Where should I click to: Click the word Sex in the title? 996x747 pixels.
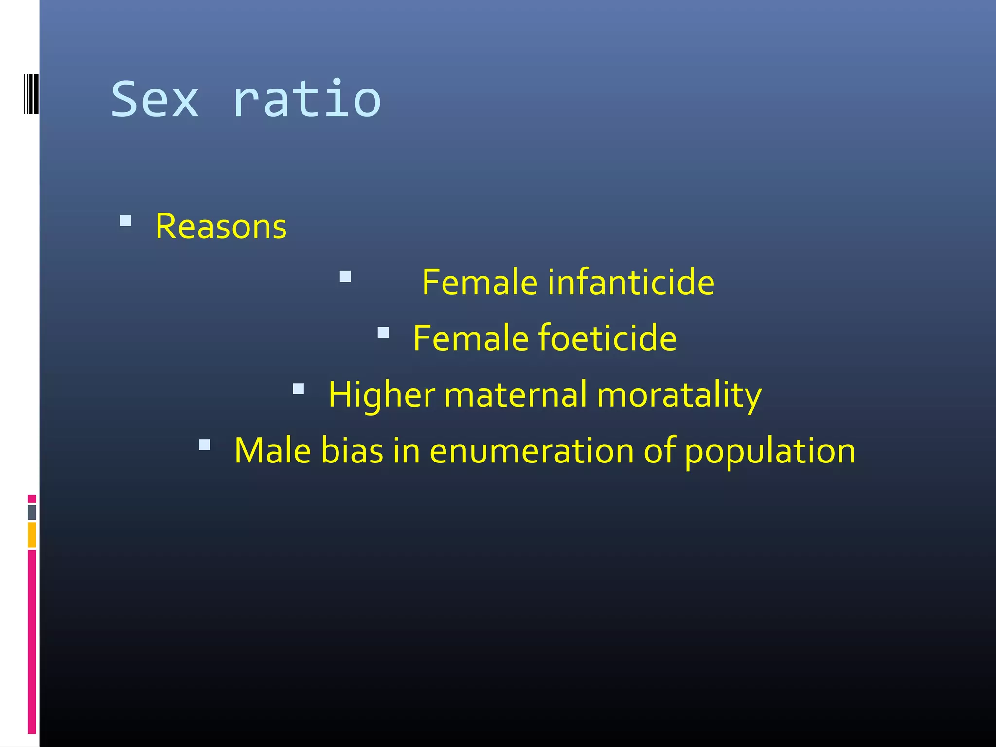[x=155, y=100]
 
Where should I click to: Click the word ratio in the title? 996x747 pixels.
[x=307, y=100]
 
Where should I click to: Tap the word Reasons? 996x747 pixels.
[x=221, y=227]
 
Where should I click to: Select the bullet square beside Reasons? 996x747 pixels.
[x=125, y=221]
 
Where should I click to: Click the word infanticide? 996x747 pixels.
[x=631, y=282]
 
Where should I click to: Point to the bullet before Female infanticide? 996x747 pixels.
[x=345, y=277]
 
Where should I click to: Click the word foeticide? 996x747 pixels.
[x=607, y=338]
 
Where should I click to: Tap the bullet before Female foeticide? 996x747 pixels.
[x=383, y=333]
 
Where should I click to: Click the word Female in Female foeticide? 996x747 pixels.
[x=470, y=338]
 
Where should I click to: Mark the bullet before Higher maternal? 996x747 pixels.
[x=299, y=389]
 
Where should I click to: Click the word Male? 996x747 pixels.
[x=272, y=450]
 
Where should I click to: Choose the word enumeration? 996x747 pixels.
[x=532, y=450]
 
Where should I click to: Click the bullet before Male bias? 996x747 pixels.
[x=204, y=445]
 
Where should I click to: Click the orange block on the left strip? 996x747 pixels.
[x=32, y=535]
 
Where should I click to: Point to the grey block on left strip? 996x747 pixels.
[x=32, y=512]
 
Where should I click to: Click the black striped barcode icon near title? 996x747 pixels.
[x=31, y=93]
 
